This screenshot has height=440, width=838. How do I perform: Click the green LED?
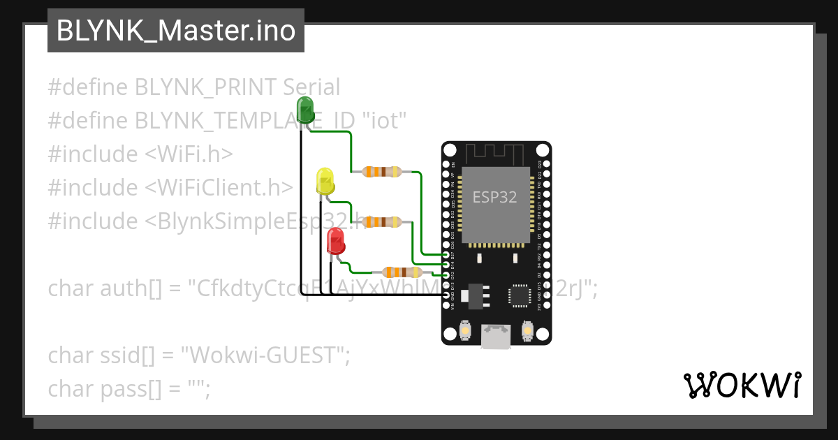tap(305, 110)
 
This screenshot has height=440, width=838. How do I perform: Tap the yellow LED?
tap(325, 181)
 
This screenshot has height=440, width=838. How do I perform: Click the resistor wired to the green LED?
tap(381, 171)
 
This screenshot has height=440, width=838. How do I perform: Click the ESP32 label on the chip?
tap(494, 197)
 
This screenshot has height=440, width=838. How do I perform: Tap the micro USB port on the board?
tap(496, 337)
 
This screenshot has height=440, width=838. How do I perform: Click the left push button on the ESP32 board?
tap(466, 330)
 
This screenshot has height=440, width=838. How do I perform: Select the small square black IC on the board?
tap(520, 295)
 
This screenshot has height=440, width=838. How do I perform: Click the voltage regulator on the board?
tap(477, 294)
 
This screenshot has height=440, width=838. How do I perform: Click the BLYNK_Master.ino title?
tap(175, 31)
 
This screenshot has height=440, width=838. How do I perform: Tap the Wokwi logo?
tap(742, 385)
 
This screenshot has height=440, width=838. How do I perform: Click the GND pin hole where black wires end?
tap(447, 296)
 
